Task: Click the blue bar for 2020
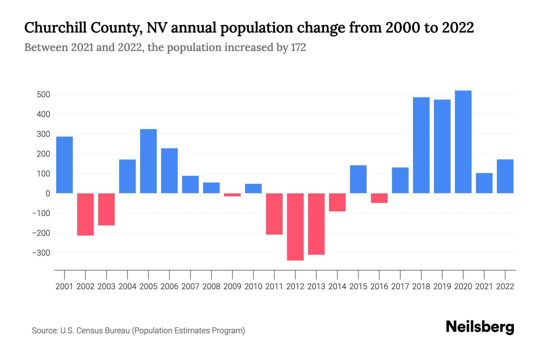click(463, 142)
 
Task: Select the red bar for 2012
click(295, 227)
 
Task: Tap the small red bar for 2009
click(232, 195)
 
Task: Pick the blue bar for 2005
click(148, 161)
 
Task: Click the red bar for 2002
click(85, 214)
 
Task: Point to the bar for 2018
click(421, 145)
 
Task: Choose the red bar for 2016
click(379, 198)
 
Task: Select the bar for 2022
click(505, 176)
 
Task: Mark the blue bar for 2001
click(64, 165)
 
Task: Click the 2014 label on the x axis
click(337, 286)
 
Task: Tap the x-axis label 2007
click(190, 286)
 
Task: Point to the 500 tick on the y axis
click(43, 95)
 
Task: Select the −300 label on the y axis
click(41, 253)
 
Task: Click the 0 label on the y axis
click(48, 193)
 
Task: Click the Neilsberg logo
click(480, 327)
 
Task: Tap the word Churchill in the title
click(55, 28)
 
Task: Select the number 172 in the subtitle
click(298, 47)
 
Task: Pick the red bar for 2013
click(316, 224)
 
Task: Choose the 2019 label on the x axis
click(442, 286)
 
